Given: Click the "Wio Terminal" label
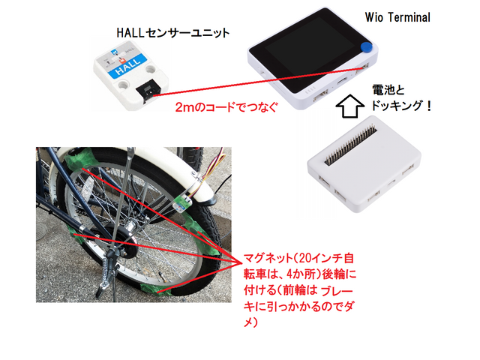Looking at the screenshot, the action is [x=397, y=17].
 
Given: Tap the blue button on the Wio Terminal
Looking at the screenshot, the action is [x=366, y=47].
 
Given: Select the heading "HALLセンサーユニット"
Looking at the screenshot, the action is [x=173, y=33].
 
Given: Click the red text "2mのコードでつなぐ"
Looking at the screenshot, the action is [x=226, y=107].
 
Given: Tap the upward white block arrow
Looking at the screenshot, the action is [x=349, y=106].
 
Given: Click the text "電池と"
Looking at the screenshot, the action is [x=388, y=90].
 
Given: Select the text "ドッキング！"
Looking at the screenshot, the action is [x=401, y=105].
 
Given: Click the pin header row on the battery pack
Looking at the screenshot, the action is [x=351, y=145].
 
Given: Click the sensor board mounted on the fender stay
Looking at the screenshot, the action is [x=182, y=203].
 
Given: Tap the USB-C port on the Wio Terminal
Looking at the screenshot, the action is [x=341, y=82].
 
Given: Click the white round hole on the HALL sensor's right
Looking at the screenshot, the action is [x=151, y=68].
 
